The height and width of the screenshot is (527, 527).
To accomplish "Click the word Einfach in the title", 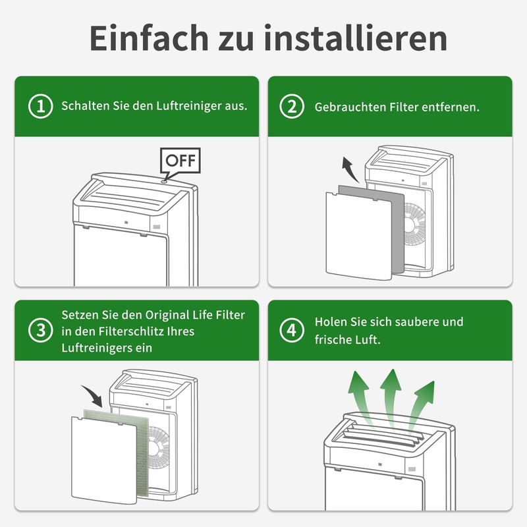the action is (x=150, y=38).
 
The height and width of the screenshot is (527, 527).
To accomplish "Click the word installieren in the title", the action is (x=356, y=38).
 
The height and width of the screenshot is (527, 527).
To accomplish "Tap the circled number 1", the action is (x=41, y=107).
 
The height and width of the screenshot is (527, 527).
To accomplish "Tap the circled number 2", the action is (x=292, y=107).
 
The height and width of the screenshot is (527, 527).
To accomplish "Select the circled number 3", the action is (x=41, y=330).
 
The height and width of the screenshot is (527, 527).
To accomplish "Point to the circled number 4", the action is (x=292, y=330).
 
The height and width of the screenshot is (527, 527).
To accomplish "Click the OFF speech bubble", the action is (x=180, y=161).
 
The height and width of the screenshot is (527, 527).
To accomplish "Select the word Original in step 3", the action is (x=167, y=316).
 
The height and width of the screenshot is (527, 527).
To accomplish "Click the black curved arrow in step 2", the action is (x=350, y=169).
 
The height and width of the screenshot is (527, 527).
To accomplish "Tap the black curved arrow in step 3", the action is (x=94, y=394).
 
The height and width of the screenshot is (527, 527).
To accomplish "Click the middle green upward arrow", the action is (x=391, y=399).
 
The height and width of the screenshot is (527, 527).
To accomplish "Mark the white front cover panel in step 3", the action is (x=104, y=460).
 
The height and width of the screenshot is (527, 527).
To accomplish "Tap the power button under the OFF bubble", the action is (x=164, y=181).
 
